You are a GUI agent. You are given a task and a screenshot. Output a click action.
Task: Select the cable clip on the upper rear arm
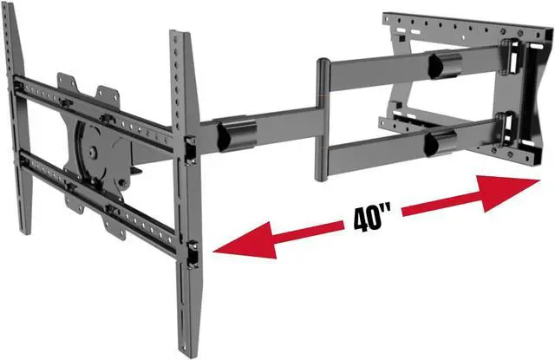(444, 65)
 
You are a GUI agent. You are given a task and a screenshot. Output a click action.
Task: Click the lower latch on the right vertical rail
(192, 254)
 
